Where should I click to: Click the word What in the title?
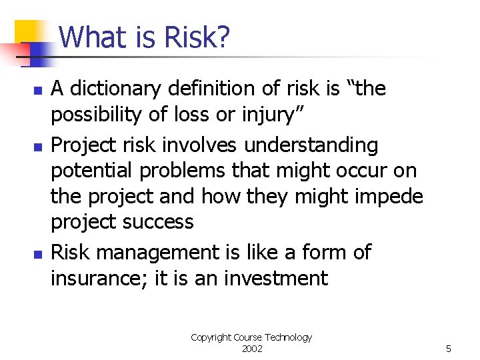96,38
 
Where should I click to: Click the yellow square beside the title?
30,33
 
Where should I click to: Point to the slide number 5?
449,349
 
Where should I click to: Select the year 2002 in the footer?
251,349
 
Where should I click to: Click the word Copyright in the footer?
210,337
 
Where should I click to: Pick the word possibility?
97,115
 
